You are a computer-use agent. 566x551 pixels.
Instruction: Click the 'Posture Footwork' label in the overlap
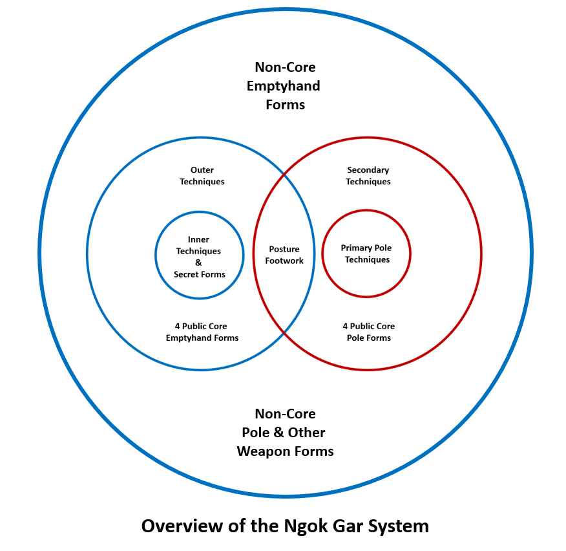(x=284, y=255)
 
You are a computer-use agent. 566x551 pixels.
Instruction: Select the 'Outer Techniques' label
(x=202, y=176)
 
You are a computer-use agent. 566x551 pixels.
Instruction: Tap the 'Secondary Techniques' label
(x=368, y=176)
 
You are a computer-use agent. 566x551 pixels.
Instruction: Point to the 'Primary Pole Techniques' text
(x=366, y=254)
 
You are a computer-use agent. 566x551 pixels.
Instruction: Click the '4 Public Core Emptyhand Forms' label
(x=202, y=332)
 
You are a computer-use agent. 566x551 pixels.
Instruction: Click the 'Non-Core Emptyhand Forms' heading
(x=285, y=85)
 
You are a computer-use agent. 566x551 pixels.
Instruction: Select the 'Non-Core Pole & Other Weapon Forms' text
(x=285, y=432)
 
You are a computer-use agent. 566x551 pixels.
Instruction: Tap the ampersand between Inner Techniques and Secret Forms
(x=198, y=263)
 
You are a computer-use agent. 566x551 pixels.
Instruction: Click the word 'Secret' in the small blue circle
(x=187, y=274)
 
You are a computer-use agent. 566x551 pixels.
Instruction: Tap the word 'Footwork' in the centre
(x=284, y=261)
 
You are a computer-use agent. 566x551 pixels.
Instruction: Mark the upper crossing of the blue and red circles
(x=284, y=173)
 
